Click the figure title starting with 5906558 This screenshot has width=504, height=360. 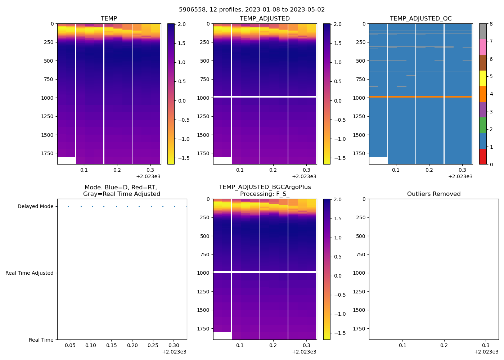click(x=252, y=10)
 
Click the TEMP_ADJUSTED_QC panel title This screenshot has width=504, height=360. click(x=420, y=18)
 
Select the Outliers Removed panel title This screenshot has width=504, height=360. click(x=433, y=194)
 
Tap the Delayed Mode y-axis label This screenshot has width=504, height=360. click(x=35, y=206)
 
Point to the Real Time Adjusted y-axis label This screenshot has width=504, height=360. click(x=30, y=273)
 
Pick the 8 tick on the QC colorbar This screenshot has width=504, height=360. click(x=491, y=24)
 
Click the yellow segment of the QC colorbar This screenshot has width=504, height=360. click(x=483, y=78)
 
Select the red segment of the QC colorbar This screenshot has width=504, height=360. click(x=483, y=157)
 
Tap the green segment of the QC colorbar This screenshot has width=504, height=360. click(x=483, y=125)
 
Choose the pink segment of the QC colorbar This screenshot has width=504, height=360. click(x=483, y=47)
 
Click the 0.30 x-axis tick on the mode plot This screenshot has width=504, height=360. click(x=174, y=345)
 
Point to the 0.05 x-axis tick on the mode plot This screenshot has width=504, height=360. click(x=70, y=345)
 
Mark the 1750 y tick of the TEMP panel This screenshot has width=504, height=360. click(x=47, y=153)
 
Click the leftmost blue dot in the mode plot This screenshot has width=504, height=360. click(x=68, y=206)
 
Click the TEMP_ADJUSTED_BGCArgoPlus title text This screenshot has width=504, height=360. click(x=265, y=187)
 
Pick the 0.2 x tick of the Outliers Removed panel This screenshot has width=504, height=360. click(x=444, y=345)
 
